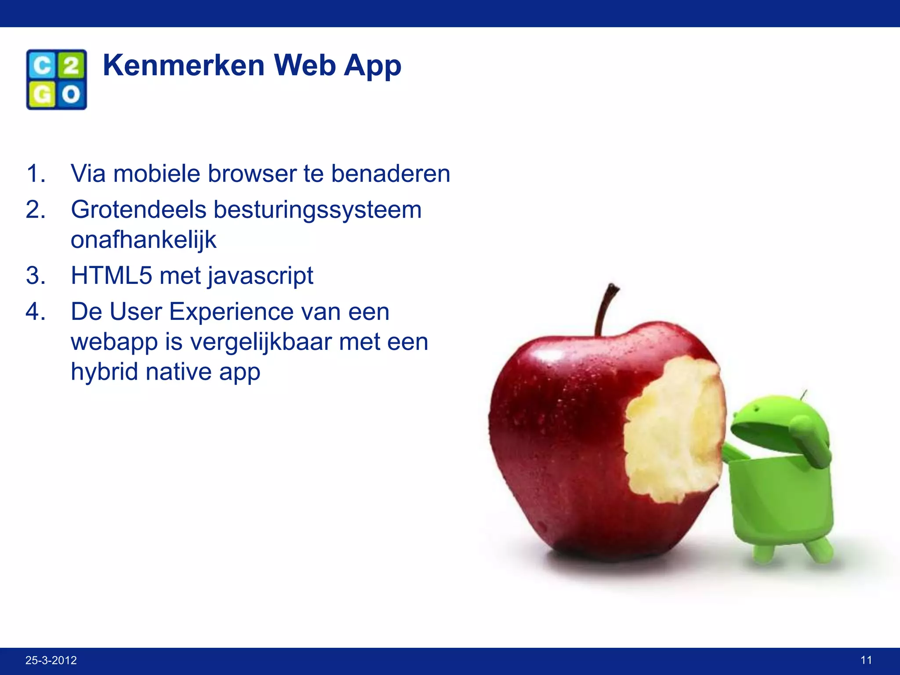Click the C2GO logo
tap(57, 80)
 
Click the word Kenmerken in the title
tap(183, 65)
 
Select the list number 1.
tap(35, 174)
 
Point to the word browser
tap(252, 174)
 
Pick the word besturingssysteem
tap(317, 210)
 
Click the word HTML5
tap(111, 276)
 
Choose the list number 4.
tap(35, 312)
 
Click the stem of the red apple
tap(605, 308)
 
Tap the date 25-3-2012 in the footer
tap(51, 660)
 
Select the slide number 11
tap(866, 660)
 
